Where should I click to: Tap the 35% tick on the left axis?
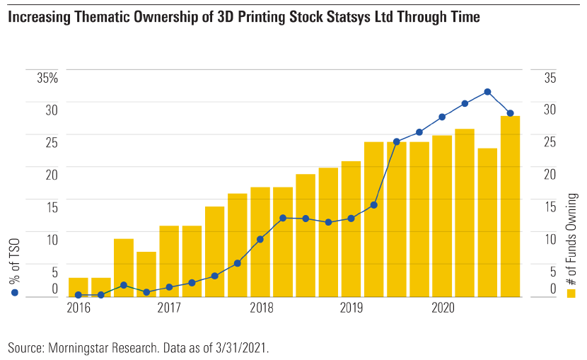[x=47, y=79]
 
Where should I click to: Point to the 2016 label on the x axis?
[x=79, y=308]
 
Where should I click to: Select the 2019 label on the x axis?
[x=351, y=308]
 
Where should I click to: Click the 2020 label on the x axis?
[x=443, y=308]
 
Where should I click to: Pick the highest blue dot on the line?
[x=487, y=92]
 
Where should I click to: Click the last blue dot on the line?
[x=510, y=113]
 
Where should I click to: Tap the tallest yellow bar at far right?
[x=510, y=205]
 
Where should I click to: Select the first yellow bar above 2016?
[x=79, y=287]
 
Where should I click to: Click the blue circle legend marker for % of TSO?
[x=15, y=292]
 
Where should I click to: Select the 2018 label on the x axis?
[x=261, y=308]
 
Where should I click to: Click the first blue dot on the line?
[x=79, y=295]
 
